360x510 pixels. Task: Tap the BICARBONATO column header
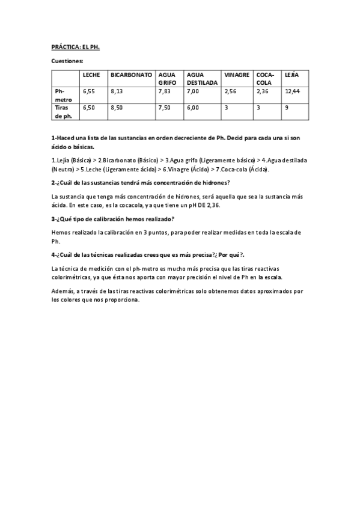(x=130, y=75)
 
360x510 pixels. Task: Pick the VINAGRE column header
(x=236, y=75)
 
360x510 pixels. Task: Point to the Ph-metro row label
(x=63, y=95)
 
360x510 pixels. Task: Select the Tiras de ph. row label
(x=63, y=112)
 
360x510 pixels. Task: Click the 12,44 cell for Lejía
(x=292, y=91)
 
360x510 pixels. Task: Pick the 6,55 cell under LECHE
(x=89, y=91)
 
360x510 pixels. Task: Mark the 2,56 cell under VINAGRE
(x=230, y=91)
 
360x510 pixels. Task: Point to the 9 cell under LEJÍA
(x=287, y=108)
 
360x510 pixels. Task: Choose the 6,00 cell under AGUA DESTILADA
(x=193, y=108)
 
